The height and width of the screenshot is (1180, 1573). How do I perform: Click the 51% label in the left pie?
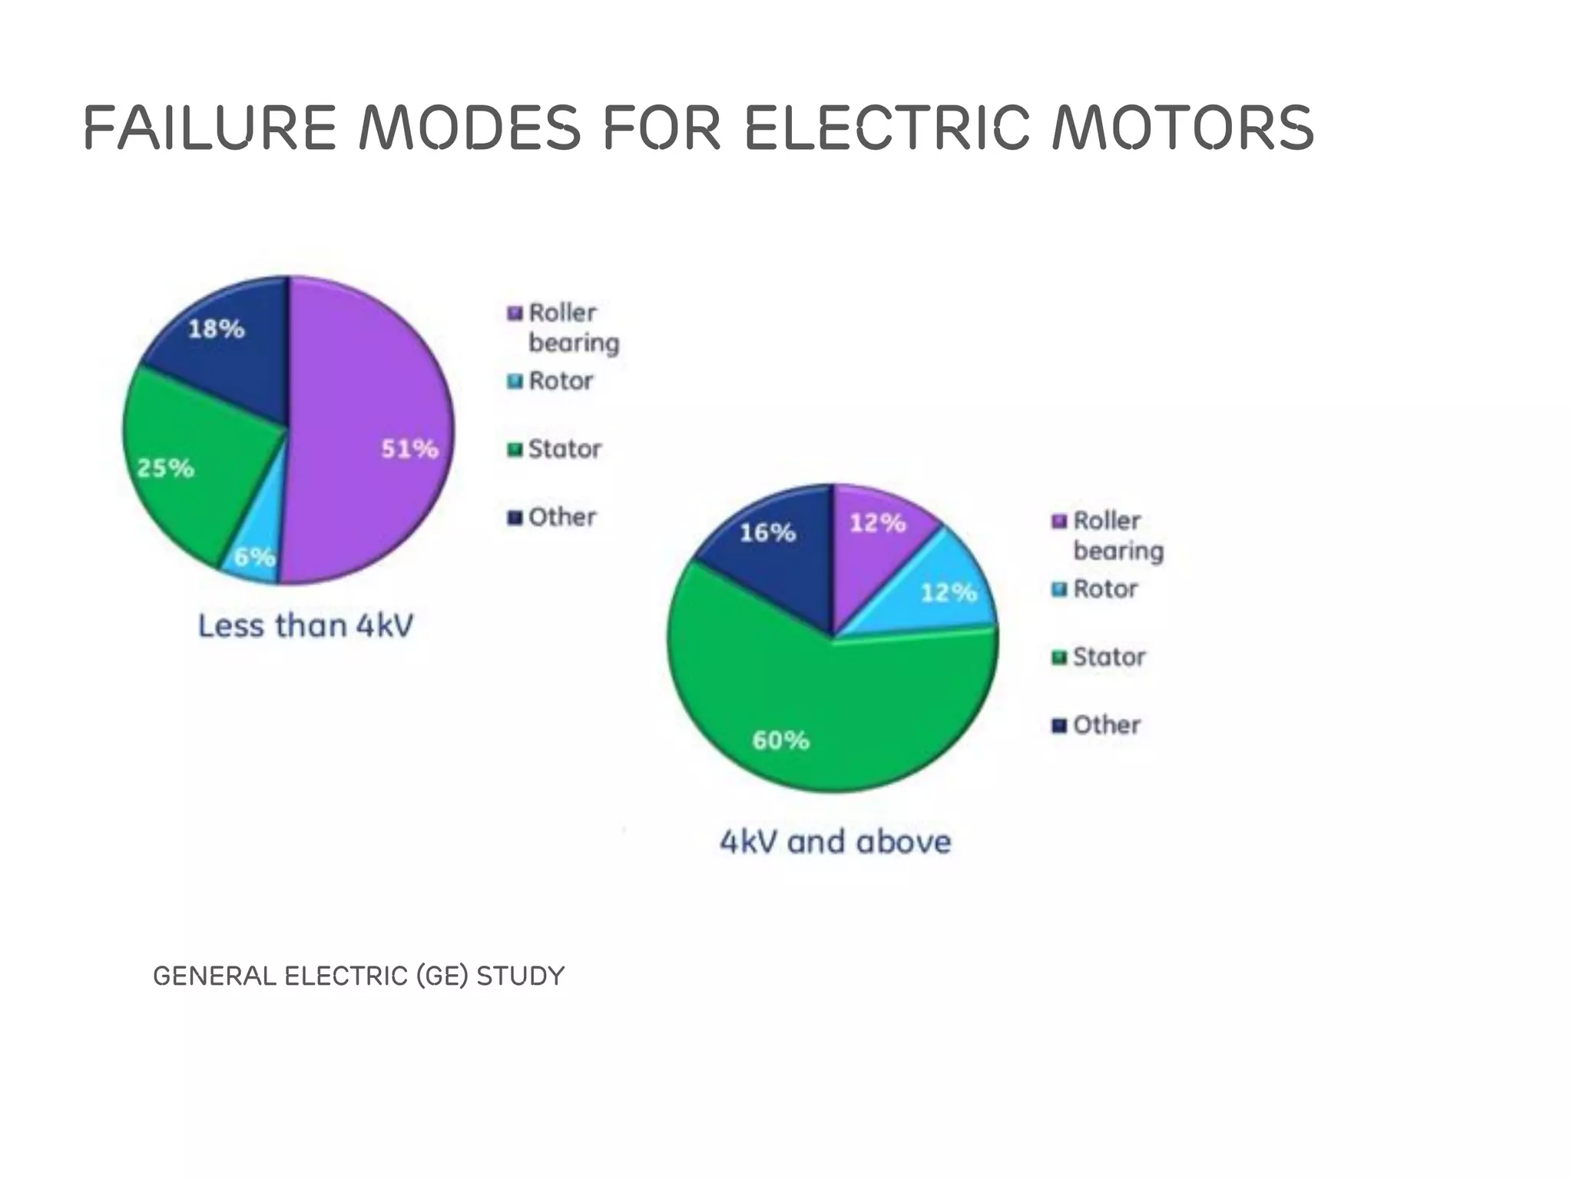click(409, 449)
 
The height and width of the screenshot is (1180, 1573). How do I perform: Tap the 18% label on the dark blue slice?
click(216, 330)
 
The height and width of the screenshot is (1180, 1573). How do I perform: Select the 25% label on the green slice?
click(165, 468)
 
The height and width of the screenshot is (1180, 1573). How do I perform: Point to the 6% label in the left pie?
click(254, 556)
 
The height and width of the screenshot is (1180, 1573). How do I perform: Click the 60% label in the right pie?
click(780, 741)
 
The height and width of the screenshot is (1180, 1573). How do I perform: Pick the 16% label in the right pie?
click(767, 532)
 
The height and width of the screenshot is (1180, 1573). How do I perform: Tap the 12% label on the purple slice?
click(877, 523)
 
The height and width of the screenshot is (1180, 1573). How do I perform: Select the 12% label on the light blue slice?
click(949, 592)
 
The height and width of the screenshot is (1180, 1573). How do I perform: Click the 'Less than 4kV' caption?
click(306, 626)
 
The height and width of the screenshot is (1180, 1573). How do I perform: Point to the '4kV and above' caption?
click(835, 842)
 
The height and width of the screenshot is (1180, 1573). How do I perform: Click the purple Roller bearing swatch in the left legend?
click(515, 313)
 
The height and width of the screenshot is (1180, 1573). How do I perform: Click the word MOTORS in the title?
click(1183, 128)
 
